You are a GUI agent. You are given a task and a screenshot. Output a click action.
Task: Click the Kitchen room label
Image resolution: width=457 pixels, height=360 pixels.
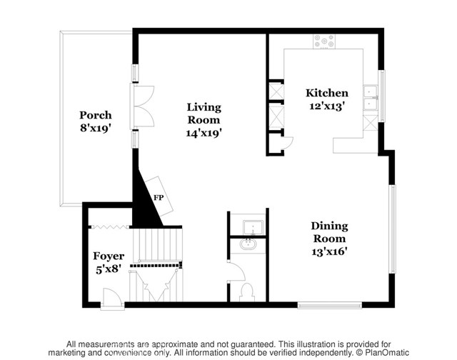pyautogui.click(x=326, y=93)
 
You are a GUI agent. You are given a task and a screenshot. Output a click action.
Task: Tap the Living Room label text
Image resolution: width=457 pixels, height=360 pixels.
pyautogui.click(x=204, y=114)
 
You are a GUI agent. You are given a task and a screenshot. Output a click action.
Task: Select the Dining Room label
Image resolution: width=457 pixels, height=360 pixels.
pyautogui.click(x=329, y=233)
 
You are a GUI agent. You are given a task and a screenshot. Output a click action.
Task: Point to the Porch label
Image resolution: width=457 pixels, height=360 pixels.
pyautogui.click(x=94, y=114)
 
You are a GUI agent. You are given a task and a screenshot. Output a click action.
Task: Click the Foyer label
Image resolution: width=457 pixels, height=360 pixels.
pyautogui.click(x=109, y=256)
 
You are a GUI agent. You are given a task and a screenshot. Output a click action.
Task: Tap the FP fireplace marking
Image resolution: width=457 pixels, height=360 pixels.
pyautogui.click(x=159, y=198)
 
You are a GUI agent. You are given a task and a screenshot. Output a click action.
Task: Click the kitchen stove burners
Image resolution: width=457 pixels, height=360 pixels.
pyautogui.click(x=326, y=42)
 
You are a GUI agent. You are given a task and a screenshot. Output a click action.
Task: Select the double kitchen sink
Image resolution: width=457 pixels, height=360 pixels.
pyautogui.click(x=370, y=97)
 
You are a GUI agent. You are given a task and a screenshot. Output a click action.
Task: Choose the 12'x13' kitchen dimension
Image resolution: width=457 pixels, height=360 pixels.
pyautogui.click(x=326, y=106)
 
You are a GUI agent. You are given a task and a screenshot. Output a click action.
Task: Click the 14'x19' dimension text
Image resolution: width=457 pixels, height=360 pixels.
pyautogui.click(x=204, y=132)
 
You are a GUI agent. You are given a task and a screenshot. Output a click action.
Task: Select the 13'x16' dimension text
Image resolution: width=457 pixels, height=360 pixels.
pyautogui.click(x=329, y=251)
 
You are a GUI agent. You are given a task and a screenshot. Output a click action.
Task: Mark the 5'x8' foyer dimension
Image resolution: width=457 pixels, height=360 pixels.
pyautogui.click(x=109, y=269)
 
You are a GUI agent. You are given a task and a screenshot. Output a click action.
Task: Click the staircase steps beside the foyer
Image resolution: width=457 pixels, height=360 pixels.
pyautogui.click(x=157, y=246)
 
